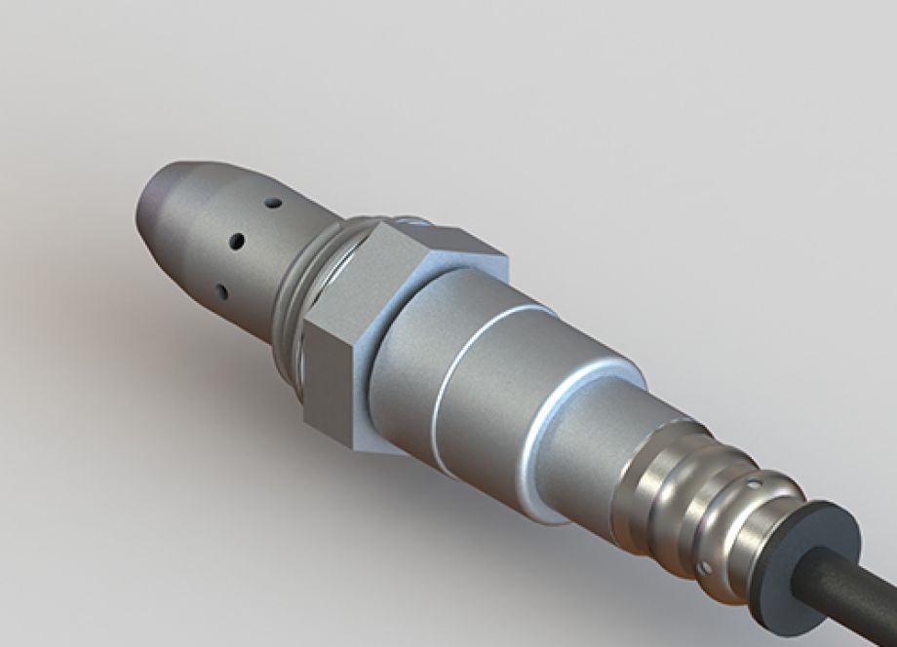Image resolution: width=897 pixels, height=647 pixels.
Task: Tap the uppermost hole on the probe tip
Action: tap(274, 204)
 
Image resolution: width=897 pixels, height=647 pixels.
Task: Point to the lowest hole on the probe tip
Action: tap(222, 290)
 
